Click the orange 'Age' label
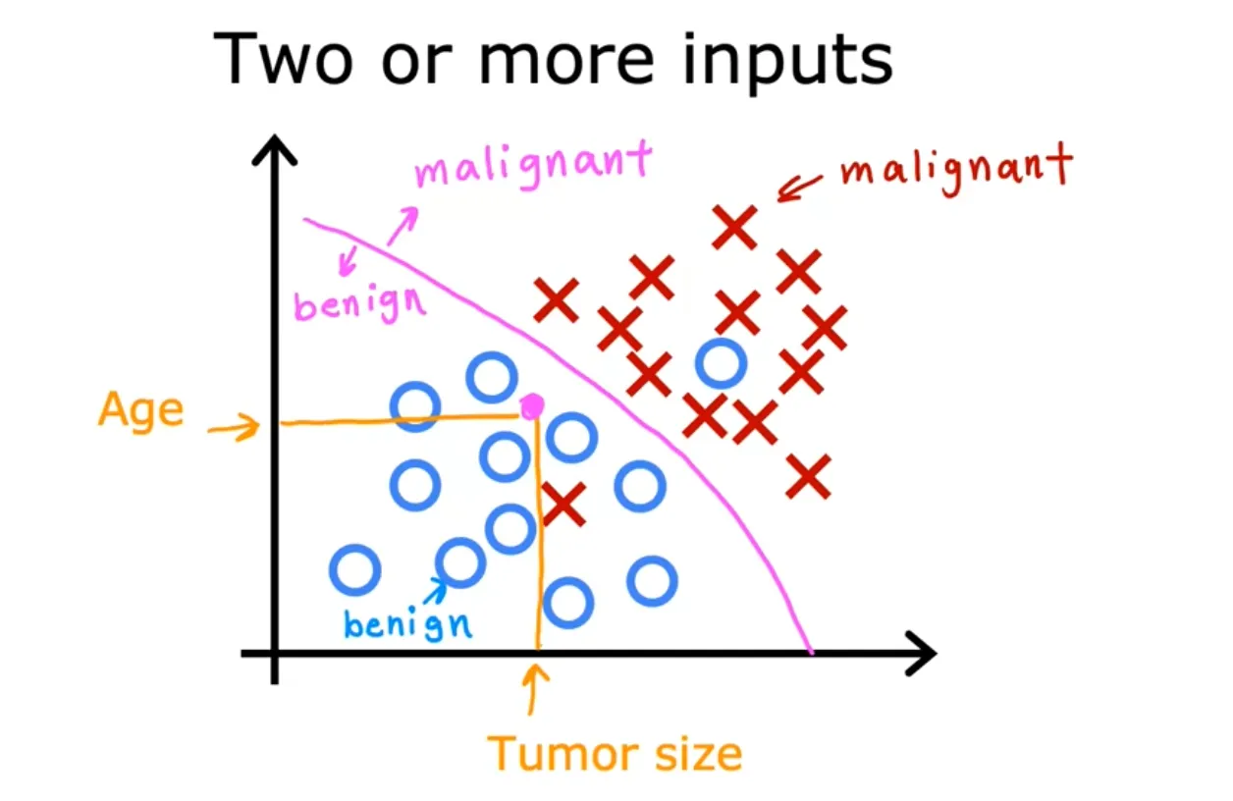140,409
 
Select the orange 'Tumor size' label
616,754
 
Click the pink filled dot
531,404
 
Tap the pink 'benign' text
360,304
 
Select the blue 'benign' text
406,623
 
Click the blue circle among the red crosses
721,362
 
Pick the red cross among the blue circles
563,504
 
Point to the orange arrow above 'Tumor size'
534,688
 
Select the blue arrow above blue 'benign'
435,589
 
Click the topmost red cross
734,228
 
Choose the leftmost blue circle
354,570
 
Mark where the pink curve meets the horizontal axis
811,651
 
